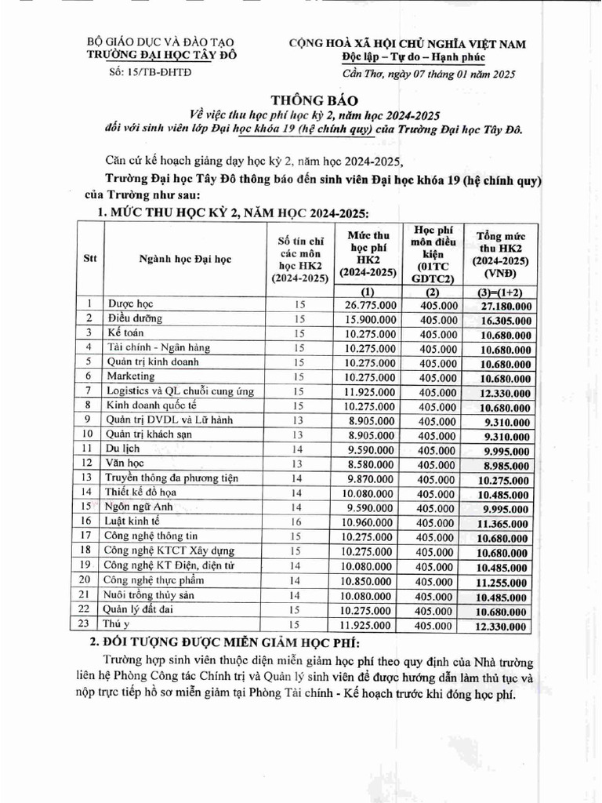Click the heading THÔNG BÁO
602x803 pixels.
click(x=314, y=100)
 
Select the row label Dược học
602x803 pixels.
click(x=130, y=303)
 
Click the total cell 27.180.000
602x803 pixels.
click(x=500, y=305)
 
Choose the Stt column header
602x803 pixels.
click(x=89, y=260)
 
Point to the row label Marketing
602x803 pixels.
click(x=130, y=376)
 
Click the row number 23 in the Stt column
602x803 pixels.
click(x=89, y=623)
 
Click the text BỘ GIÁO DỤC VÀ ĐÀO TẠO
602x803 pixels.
click(x=160, y=42)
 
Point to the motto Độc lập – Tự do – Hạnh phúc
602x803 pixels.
click(x=413, y=56)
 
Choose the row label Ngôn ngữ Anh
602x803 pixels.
click(x=138, y=507)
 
